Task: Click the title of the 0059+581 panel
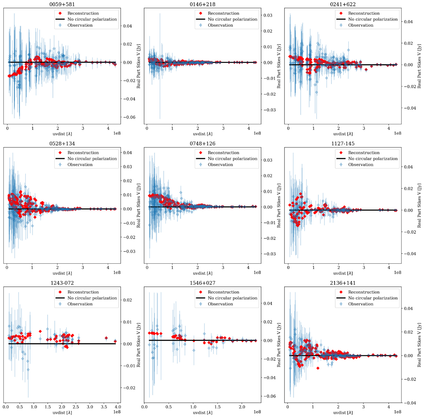point(62,4)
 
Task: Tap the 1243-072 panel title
point(62,283)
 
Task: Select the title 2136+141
point(342,283)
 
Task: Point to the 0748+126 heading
point(202,144)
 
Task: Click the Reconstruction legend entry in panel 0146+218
point(223,13)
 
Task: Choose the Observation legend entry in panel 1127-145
point(361,165)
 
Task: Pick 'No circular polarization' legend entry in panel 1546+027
point(232,298)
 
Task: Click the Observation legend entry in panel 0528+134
point(80,165)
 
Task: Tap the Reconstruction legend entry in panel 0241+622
point(364,13)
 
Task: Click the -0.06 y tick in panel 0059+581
point(128,117)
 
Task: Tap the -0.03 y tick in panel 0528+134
point(128,251)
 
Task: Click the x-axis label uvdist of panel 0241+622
point(342,134)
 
